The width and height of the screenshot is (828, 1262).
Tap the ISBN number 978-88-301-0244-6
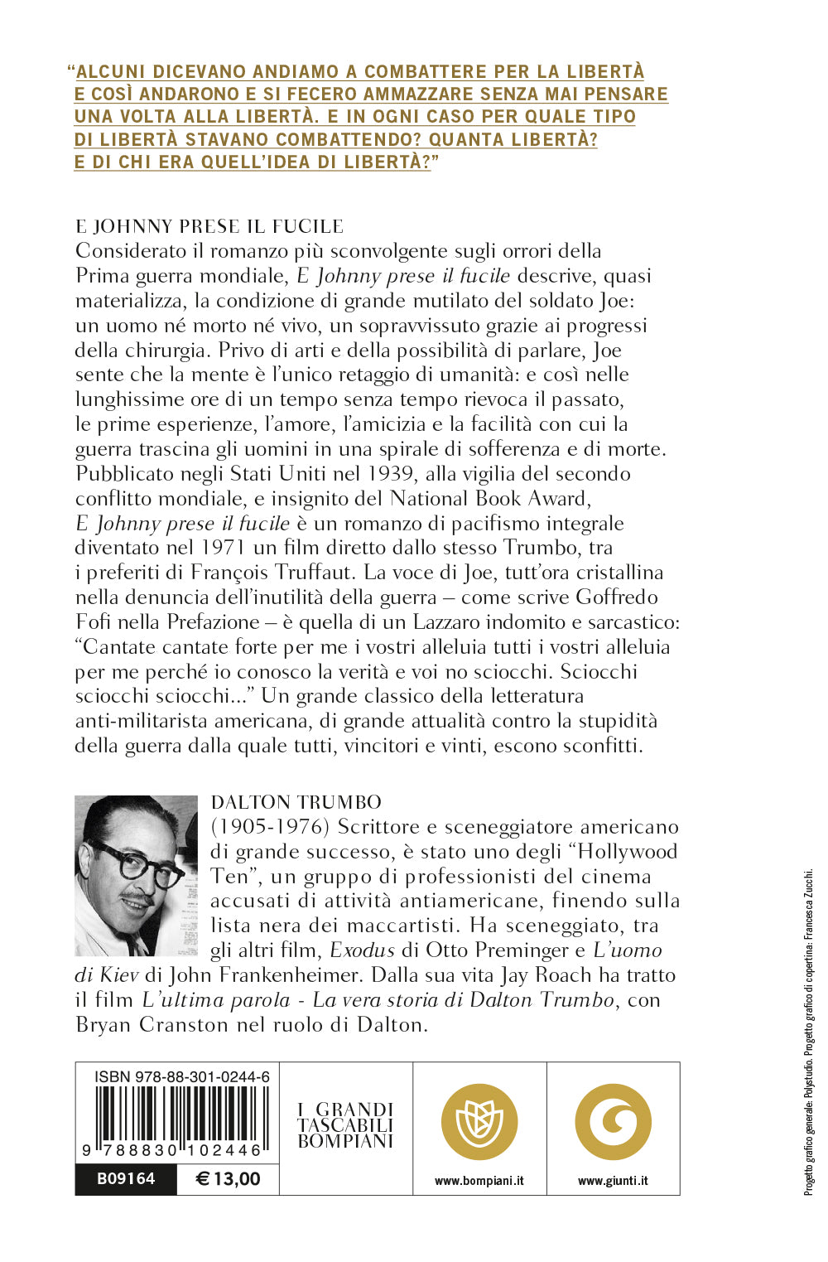(x=182, y=1076)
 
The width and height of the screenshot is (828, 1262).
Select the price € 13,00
(x=228, y=1179)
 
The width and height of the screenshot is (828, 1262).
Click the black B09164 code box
(x=126, y=1179)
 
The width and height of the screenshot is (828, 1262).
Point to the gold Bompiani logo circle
(x=479, y=1123)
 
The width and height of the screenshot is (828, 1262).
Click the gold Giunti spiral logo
(x=613, y=1123)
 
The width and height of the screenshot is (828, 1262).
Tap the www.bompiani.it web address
(x=479, y=1181)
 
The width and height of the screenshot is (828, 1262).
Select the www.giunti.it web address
(x=613, y=1181)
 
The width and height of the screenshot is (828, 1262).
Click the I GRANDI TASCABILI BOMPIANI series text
(x=345, y=1124)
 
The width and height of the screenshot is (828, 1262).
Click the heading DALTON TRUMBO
(x=296, y=802)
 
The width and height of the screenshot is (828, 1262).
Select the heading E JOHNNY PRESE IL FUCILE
(x=209, y=226)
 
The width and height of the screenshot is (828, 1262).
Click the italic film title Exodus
(x=363, y=950)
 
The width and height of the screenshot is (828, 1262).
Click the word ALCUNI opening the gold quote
(x=111, y=72)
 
